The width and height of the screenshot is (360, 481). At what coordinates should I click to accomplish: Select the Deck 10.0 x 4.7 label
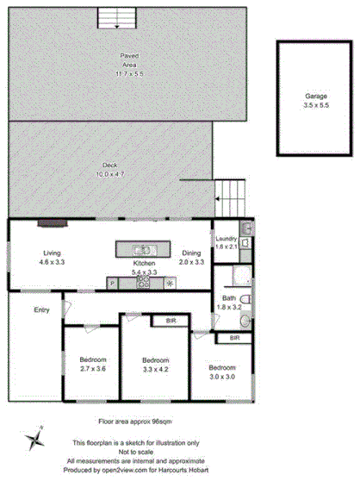(x=109, y=169)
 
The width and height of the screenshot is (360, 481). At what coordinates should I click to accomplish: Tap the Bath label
(x=221, y=298)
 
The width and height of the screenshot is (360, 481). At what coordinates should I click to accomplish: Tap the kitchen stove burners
(x=143, y=282)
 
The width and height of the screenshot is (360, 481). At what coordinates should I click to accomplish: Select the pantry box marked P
(x=112, y=283)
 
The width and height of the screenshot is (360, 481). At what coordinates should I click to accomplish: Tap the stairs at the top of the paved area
(x=110, y=18)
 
